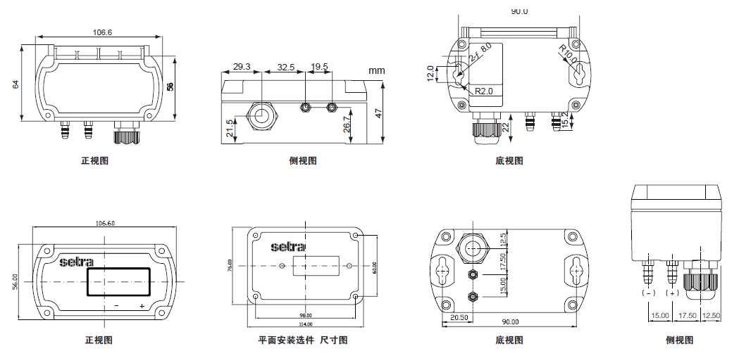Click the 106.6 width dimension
coord(103,32)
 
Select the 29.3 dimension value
coord(242,67)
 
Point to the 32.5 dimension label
coord(285,67)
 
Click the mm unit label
coord(376,70)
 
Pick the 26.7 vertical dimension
coord(347,124)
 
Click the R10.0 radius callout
coord(568,54)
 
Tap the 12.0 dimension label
coord(430,74)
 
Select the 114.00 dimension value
coord(305,324)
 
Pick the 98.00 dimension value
coord(305,315)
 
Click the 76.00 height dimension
coord(230,265)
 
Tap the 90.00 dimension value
coord(510,321)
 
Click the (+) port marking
coord(672,292)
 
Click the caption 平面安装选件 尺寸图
coord(303,340)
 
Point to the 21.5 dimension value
coord(230,129)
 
